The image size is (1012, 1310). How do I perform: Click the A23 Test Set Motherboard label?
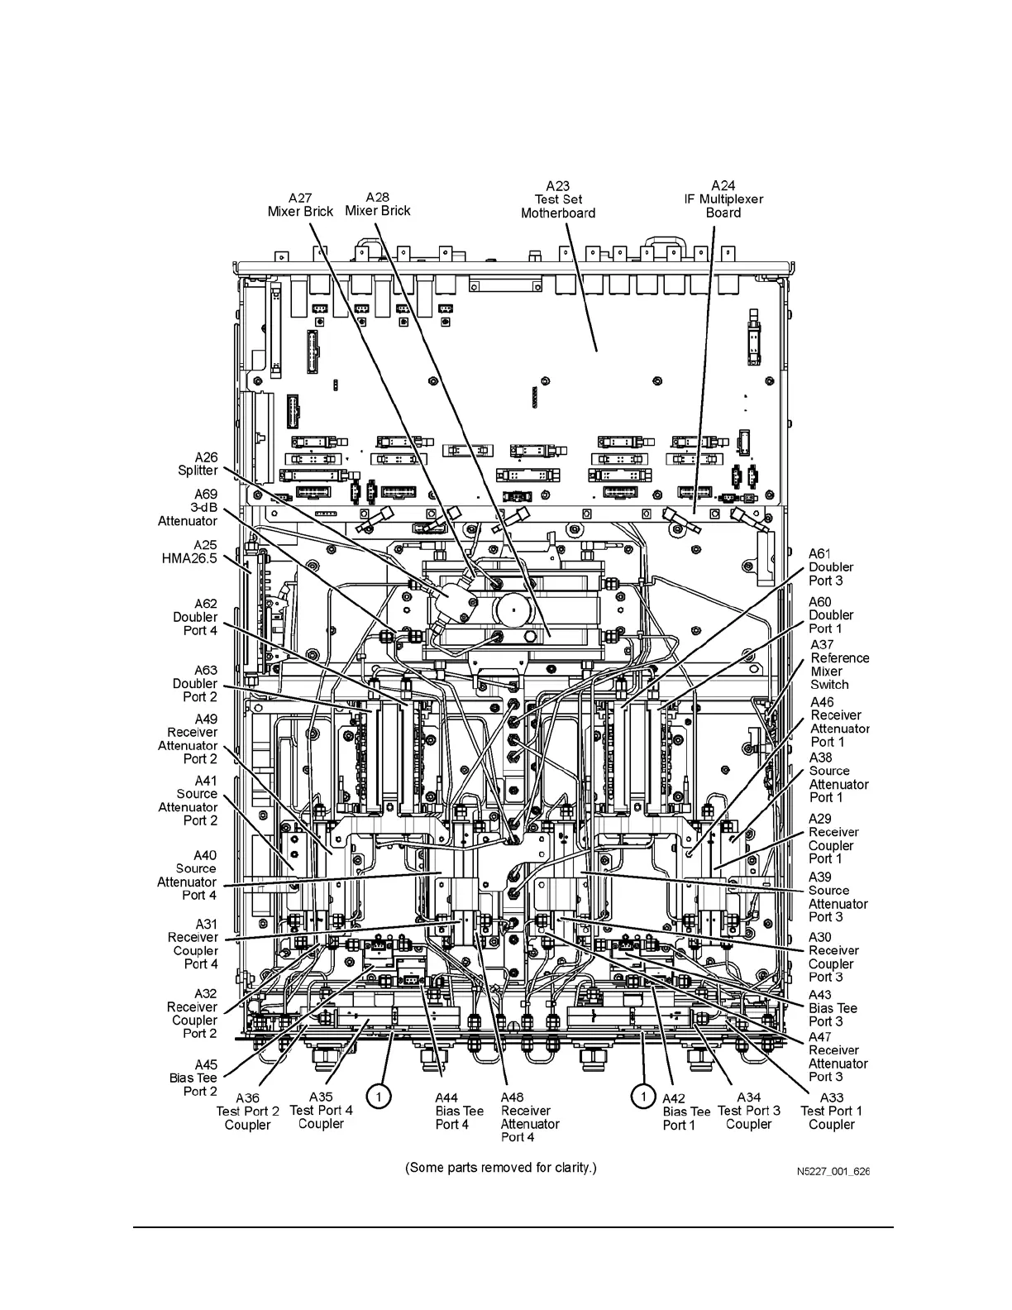[558, 199]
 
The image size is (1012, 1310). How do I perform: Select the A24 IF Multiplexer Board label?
[723, 199]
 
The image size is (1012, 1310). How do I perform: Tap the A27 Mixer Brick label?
[300, 204]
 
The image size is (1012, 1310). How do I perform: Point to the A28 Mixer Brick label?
[377, 203]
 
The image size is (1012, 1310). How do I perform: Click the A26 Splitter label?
[198, 464]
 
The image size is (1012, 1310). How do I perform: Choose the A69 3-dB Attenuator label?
[189, 508]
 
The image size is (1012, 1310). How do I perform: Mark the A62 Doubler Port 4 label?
[196, 617]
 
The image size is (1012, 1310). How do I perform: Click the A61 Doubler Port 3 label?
[830, 567]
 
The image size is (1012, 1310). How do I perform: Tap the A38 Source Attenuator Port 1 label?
[838, 777]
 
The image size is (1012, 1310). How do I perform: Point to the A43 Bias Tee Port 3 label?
[832, 1008]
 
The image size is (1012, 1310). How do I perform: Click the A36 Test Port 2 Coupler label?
[247, 1111]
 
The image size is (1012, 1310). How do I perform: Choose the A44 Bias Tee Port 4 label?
[459, 1111]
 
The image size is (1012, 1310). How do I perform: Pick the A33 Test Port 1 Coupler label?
[831, 1111]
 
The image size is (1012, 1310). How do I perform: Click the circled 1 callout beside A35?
[378, 1097]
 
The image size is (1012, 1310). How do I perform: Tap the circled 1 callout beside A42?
[642, 1097]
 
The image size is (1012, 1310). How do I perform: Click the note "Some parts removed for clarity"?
[500, 1168]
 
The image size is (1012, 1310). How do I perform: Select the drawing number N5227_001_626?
[833, 1172]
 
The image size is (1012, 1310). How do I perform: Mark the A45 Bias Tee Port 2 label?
[193, 1078]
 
